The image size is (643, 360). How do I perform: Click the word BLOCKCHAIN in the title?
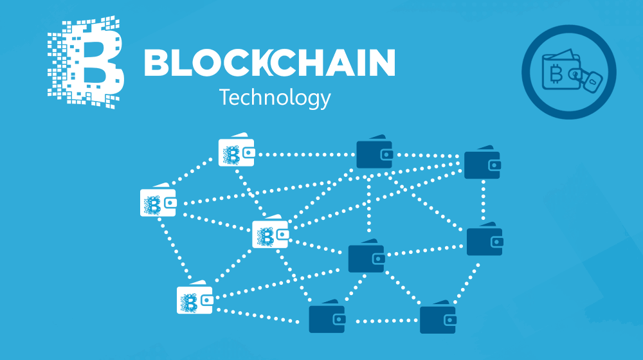coord(269,63)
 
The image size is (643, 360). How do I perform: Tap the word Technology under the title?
coord(275,98)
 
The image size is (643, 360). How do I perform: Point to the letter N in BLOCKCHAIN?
coord(382,63)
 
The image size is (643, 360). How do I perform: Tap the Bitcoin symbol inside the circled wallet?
coord(556,74)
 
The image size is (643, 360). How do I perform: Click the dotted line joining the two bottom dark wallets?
coord(382,321)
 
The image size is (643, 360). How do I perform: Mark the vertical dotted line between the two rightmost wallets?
coord(484,201)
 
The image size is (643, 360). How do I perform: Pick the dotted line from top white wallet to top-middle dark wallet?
coord(306,154)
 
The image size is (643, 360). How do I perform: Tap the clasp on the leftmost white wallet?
coord(170,203)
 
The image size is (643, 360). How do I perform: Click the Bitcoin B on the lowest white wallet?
coord(189,303)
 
